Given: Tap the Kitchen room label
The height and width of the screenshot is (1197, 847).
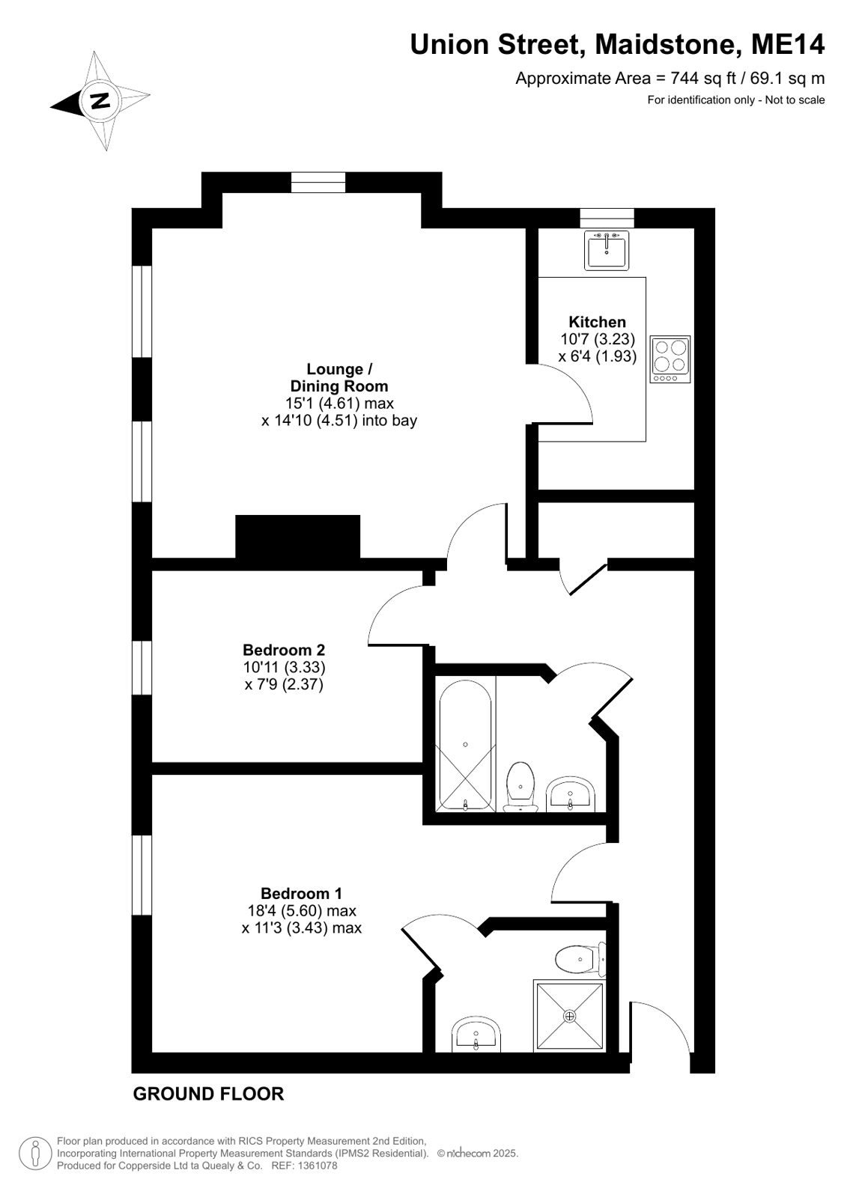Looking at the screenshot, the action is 597,322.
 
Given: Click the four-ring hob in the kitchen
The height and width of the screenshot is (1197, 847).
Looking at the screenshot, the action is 670,359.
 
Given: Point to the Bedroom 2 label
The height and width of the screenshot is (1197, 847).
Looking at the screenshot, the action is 284,650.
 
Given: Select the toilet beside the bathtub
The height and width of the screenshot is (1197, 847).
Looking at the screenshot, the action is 520,786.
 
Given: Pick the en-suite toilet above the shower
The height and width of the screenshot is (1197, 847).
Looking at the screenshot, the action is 580,959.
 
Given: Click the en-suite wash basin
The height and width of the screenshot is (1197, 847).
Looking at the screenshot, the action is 476,1034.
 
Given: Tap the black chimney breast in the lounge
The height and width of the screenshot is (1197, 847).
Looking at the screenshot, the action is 298,537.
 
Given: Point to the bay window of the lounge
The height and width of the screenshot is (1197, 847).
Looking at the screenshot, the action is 318,183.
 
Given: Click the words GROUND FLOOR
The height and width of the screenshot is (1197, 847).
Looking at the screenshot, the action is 208,1094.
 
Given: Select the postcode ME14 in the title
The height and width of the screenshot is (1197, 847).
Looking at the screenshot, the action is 788,44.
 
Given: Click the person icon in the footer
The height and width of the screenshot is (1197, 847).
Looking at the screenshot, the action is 36,1154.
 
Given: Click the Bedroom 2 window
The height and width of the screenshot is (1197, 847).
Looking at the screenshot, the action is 142,668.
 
